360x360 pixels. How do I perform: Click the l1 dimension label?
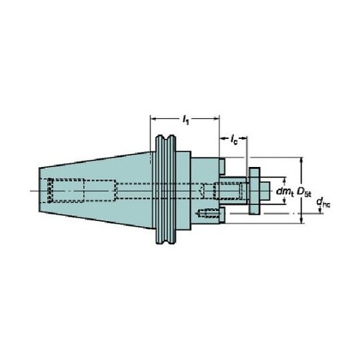[x=186, y=120]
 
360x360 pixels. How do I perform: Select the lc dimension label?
[x=234, y=139]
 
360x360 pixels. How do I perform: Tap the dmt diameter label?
[x=285, y=192]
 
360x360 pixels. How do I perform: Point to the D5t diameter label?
[x=304, y=192]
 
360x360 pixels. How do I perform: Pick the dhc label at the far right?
[x=323, y=202]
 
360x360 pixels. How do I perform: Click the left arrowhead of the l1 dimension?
[x=153, y=119]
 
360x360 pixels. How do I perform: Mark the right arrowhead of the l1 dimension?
[x=217, y=119]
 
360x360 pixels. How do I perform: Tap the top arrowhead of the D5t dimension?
[x=302, y=161]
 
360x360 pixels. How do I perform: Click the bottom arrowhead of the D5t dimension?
[x=302, y=220]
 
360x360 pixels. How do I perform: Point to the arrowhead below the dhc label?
[x=320, y=211]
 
